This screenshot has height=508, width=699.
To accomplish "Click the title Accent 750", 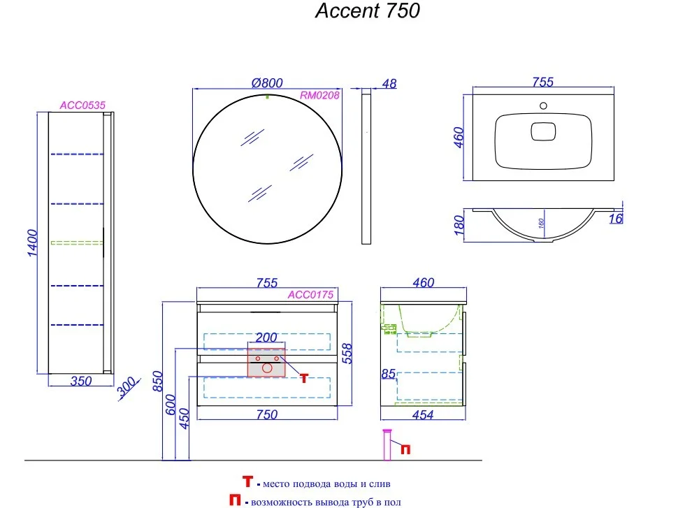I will pyautogui.click(x=367, y=12).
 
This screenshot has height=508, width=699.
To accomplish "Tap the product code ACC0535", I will pyautogui.click(x=82, y=106).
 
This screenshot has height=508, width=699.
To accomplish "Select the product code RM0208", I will pyautogui.click(x=319, y=96).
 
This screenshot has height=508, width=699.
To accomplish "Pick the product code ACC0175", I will pyautogui.click(x=311, y=295).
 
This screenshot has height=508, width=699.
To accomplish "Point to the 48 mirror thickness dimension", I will pyautogui.click(x=389, y=84).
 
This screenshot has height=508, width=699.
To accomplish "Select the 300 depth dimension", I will pyautogui.click(x=127, y=388).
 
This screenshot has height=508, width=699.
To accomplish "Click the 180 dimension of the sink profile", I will pyautogui.click(x=460, y=225).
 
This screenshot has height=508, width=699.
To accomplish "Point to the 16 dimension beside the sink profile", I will pyautogui.click(x=615, y=219).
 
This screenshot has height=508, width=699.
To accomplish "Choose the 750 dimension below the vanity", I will pyautogui.click(x=266, y=415).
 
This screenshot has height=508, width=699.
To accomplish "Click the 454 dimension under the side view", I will pyautogui.click(x=423, y=415).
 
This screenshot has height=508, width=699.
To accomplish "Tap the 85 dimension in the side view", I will pyautogui.click(x=387, y=375).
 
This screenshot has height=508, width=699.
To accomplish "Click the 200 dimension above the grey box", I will pyautogui.click(x=266, y=337).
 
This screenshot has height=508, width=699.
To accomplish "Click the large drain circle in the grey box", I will pyautogui.click(x=267, y=367).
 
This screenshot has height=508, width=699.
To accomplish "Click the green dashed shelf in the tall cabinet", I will pyautogui.click(x=77, y=242).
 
